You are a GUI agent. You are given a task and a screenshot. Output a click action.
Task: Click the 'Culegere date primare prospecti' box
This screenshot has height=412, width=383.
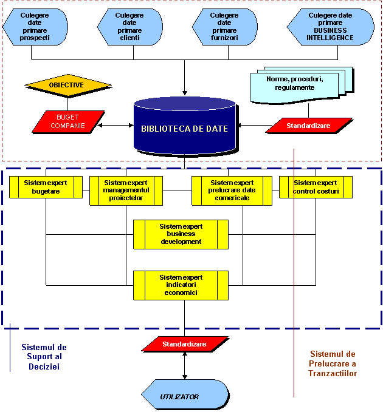35,27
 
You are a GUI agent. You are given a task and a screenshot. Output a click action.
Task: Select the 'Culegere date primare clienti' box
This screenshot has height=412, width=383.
129,27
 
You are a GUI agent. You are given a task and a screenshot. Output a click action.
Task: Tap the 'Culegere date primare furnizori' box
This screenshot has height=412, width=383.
224,27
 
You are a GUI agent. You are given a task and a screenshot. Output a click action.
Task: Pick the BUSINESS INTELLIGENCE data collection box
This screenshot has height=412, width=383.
331,27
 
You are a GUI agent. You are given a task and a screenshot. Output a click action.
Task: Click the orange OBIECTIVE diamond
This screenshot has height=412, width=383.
67,85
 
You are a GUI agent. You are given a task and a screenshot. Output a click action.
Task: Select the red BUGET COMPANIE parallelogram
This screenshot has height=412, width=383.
68,121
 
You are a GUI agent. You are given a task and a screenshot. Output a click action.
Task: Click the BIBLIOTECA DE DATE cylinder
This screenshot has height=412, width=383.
184,128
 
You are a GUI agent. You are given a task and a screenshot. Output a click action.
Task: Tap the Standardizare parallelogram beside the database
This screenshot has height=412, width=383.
309,126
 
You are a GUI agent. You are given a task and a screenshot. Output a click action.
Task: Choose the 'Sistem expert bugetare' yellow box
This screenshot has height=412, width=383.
46,187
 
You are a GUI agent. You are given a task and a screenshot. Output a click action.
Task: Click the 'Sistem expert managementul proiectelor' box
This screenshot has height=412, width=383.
126,191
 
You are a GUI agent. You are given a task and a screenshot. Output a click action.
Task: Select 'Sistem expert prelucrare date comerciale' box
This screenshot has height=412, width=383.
232,191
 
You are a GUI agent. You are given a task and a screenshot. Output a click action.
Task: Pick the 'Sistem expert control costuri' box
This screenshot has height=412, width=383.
316,187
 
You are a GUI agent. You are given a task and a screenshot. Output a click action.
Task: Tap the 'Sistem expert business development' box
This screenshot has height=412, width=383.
181,234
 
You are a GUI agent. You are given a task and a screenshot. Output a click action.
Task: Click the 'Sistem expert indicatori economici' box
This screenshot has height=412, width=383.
181,285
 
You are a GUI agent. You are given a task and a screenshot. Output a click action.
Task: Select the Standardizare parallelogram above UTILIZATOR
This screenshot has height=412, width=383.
184,344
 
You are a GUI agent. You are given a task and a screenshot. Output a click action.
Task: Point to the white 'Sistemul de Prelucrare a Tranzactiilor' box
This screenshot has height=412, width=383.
333,374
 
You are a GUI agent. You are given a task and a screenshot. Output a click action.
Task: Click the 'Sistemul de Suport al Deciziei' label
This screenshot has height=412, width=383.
44,357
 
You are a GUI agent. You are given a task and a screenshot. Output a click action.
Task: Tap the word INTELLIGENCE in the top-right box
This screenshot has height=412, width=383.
331,38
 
